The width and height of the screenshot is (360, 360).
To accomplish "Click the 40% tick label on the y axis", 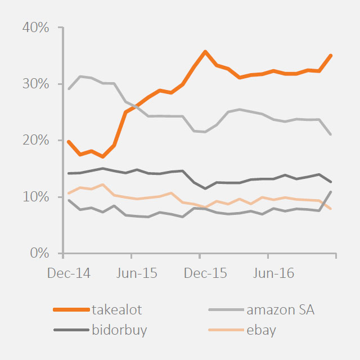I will (36, 28).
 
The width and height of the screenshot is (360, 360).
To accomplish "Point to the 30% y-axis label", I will (36, 84).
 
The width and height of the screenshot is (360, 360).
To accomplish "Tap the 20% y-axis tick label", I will (36, 140).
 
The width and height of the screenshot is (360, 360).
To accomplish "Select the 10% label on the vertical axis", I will (36, 197).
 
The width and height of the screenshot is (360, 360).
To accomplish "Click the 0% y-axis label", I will (39, 253).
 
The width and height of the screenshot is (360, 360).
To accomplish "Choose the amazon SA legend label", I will (284, 309).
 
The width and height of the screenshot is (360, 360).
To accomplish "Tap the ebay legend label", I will (261, 330).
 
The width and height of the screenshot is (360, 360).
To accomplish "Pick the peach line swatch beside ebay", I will (225, 330).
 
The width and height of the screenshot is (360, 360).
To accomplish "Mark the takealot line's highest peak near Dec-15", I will (205, 51).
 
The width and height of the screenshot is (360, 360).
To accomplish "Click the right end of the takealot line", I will (331, 55).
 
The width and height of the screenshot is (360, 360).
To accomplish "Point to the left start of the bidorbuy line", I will (67, 173).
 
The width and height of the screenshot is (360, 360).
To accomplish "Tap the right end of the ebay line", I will (331, 209).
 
